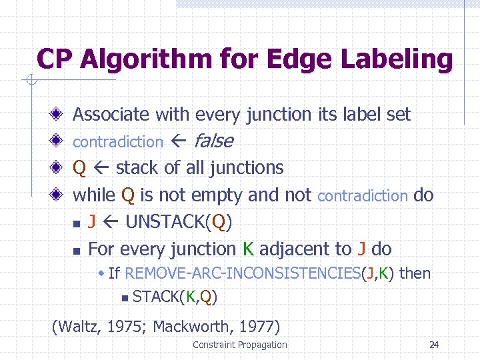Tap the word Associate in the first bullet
point(111,115)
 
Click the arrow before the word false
point(179,142)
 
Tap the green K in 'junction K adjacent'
point(248,249)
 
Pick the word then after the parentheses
point(415,273)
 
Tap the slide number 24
point(434,345)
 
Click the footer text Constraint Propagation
point(239,345)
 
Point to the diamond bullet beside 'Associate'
point(59,115)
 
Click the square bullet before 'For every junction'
point(77,251)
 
